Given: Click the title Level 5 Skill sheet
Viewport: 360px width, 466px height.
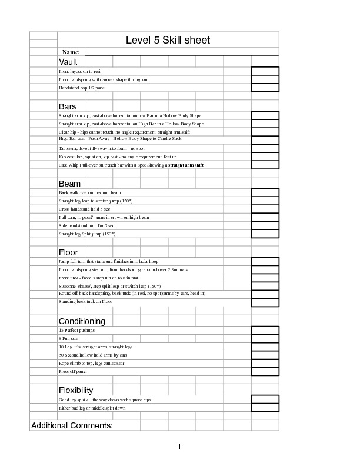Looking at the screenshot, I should coord(168,40).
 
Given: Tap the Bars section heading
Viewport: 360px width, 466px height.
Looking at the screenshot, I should coord(67,106).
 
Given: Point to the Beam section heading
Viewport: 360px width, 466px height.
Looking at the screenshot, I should coord(69,184).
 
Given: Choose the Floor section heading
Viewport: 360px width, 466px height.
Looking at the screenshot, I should coord(68,252).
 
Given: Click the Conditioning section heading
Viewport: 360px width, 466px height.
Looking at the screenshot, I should coord(82,321).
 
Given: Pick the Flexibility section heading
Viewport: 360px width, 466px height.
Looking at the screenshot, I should coord(76,390).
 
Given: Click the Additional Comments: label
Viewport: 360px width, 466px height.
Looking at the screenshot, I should coord(72,425).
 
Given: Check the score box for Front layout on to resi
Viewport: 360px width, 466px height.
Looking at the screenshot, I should coord(265,71).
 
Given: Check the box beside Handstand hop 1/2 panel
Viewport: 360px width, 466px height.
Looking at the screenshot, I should coord(265,88).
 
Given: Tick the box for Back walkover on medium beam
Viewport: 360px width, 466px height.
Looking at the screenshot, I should coord(265,192).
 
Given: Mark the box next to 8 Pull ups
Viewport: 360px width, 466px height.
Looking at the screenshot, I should coord(265,338).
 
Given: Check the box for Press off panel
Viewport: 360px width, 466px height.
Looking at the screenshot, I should coord(265,371).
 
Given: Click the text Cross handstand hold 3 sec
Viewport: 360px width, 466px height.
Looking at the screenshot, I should coord(84,209).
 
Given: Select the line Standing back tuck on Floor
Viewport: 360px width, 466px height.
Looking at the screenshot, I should coord(85,302).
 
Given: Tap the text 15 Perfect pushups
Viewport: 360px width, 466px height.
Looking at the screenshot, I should coord(76,330).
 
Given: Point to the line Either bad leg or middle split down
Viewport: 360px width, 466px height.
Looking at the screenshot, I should coord(92,407).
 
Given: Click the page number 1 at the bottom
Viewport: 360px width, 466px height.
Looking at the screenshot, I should coord(180,447).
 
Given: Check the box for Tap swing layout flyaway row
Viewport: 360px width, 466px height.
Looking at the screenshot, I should coord(265,149).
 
